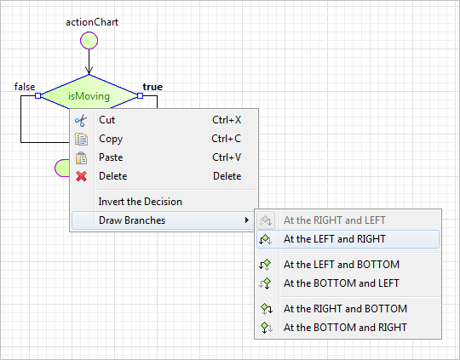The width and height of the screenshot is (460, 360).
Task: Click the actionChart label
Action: point(92,22)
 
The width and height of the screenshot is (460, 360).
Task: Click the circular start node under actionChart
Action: point(89,41)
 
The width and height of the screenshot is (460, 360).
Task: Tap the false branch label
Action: point(25,87)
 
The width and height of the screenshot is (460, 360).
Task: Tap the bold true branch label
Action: point(152,87)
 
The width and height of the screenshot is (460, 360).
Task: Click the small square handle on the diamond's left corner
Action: point(37,95)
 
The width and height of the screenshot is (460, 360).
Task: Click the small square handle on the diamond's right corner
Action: point(141,95)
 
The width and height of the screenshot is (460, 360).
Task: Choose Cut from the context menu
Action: point(106,120)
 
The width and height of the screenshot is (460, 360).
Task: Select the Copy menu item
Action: point(111,139)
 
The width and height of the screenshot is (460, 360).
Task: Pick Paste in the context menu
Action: point(111,157)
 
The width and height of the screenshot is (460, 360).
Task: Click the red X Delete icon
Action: point(81,176)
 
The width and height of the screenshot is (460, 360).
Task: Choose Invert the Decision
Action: point(141,202)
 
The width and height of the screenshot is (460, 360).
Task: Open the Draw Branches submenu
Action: point(132,220)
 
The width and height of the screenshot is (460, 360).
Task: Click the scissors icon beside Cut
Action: point(81,121)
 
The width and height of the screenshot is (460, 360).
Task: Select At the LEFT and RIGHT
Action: point(335,239)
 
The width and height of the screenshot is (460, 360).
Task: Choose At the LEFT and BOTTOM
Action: point(342,265)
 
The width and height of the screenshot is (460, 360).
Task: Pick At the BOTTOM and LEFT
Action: point(342,283)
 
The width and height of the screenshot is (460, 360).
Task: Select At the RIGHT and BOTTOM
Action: point(345,309)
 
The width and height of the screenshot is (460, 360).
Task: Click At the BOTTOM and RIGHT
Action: point(345,328)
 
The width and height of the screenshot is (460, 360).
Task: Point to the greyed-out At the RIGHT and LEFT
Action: point(335,220)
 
